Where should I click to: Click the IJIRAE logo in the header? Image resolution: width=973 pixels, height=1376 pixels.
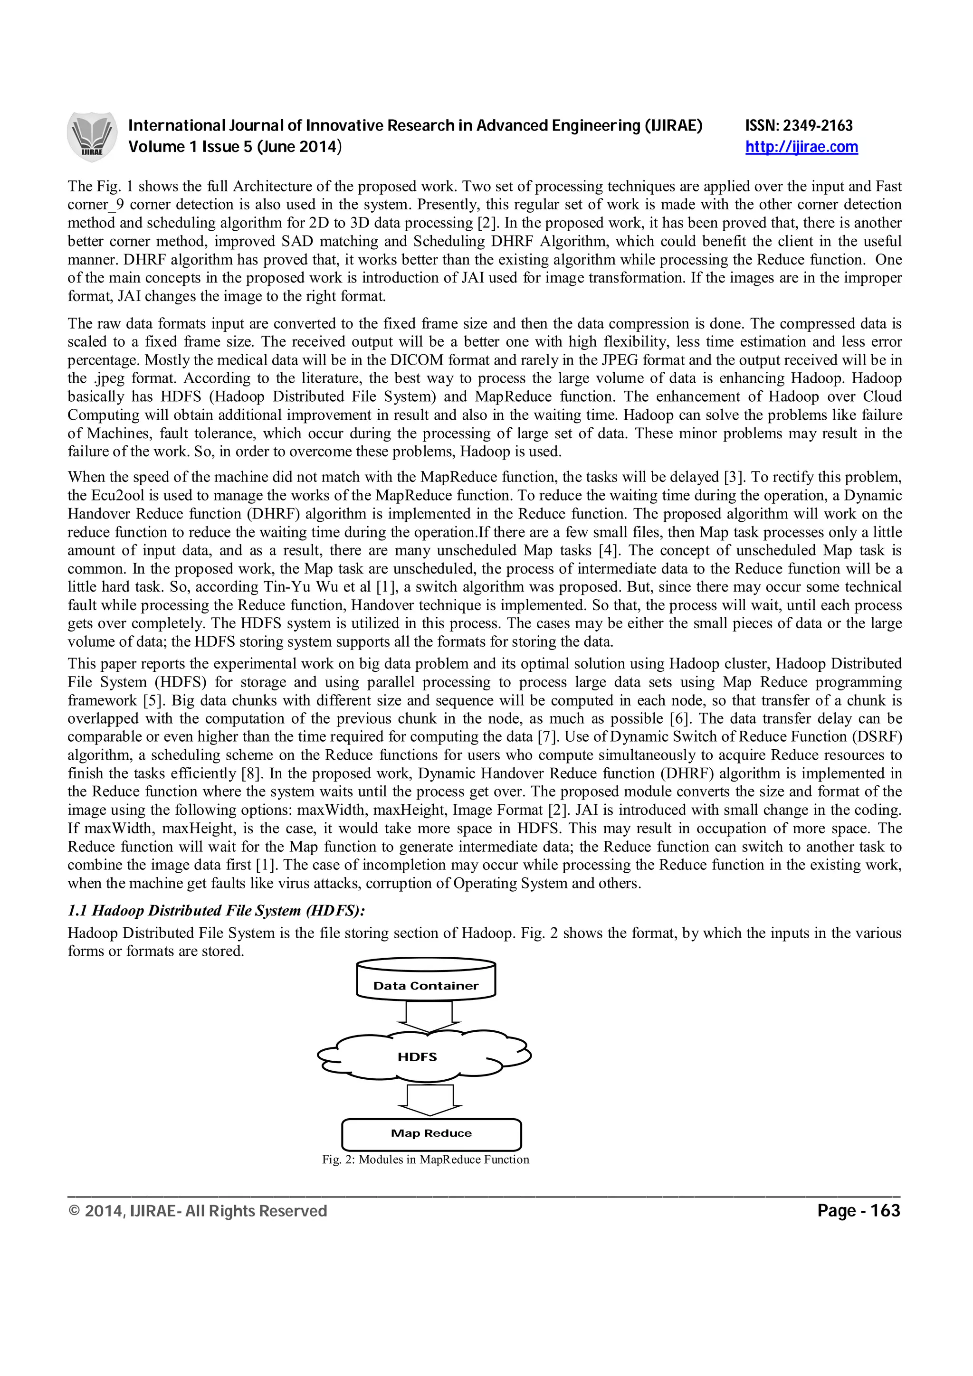click(x=92, y=137)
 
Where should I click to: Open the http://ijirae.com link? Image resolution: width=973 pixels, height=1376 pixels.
click(x=801, y=147)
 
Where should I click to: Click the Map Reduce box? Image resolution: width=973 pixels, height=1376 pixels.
click(x=431, y=1133)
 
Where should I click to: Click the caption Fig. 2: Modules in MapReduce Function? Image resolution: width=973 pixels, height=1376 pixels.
click(x=425, y=1159)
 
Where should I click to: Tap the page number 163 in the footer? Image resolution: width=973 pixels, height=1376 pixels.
click(x=885, y=1211)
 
